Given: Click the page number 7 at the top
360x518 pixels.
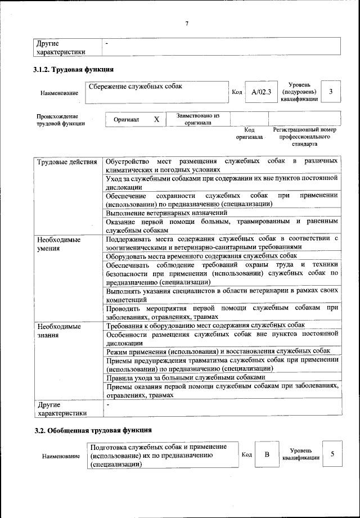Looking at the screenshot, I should click(186, 23).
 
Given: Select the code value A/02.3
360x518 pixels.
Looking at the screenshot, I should click(261, 92).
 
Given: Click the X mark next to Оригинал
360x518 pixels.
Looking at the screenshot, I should click(157, 119).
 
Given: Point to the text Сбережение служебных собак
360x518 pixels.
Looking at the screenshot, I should click(136, 87).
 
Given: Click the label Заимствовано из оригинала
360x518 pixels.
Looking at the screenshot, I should click(197, 119).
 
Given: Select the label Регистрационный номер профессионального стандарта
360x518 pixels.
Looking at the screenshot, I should click(304, 136).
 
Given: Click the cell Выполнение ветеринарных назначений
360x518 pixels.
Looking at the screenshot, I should click(166, 213).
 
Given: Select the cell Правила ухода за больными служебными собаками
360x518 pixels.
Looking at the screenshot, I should click(184, 377).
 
